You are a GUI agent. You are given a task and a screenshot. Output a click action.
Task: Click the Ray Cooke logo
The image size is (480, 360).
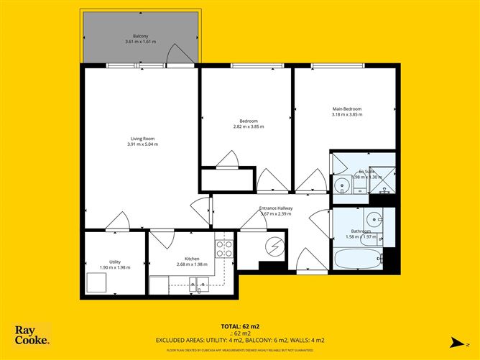tap(32, 336)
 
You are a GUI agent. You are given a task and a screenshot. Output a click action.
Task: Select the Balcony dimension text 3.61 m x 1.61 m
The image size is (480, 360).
tap(141, 42)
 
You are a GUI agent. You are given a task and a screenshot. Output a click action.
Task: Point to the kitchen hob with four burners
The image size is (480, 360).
tap(224, 249)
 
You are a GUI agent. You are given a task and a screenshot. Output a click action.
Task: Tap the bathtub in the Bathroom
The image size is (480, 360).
tap(354, 259)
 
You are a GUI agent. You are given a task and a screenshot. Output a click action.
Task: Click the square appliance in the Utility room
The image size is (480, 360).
tap(97, 282)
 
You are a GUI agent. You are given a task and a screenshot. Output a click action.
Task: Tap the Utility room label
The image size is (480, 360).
tap(115, 262)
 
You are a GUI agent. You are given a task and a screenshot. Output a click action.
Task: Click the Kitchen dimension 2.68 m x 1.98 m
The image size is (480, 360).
tap(192, 264)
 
